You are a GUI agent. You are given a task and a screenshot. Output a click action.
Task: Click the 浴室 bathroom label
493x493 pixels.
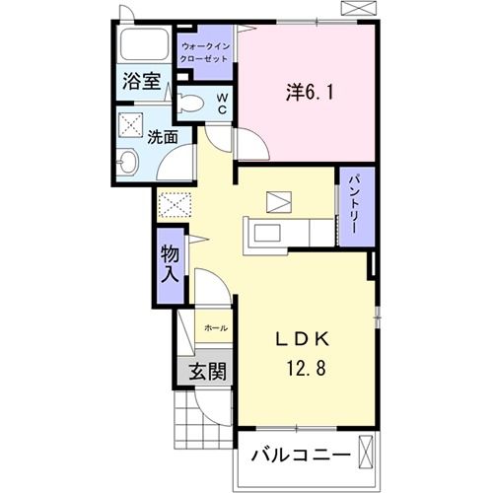pyautogui.click(x=142, y=82)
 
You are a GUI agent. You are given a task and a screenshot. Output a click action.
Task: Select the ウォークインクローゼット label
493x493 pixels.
pyautogui.click(x=206, y=51)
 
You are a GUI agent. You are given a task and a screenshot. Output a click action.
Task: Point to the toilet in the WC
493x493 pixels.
pyautogui.click(x=191, y=102)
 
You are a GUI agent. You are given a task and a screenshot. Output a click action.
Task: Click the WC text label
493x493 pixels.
pyautogui.click(x=222, y=104)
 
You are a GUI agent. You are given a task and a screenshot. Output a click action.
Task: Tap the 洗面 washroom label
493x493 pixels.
pyautogui.click(x=163, y=137)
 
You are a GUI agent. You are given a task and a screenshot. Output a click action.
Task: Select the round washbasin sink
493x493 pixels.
pyautogui.click(x=130, y=163)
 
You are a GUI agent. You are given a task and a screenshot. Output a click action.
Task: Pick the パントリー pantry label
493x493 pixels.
pyautogui.click(x=355, y=206)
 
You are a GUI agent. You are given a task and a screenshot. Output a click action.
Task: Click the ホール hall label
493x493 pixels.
pyautogui.click(x=215, y=327)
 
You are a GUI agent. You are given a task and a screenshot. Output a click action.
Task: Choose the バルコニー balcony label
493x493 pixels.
pyautogui.click(x=300, y=457)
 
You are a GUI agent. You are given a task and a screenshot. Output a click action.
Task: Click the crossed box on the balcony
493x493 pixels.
pyautogui.click(x=367, y=457)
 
